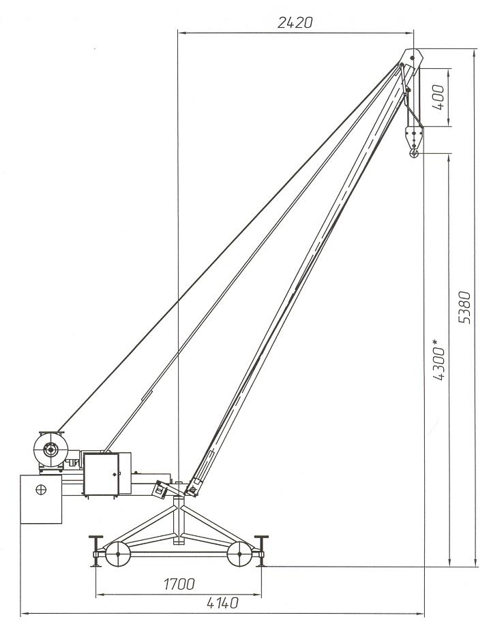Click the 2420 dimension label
click(295, 22)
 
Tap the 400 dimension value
click(438, 97)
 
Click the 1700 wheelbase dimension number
click(179, 584)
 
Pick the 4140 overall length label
click(222, 603)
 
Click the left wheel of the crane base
click(118, 554)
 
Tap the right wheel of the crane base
click(239, 554)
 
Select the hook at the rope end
click(414, 153)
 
